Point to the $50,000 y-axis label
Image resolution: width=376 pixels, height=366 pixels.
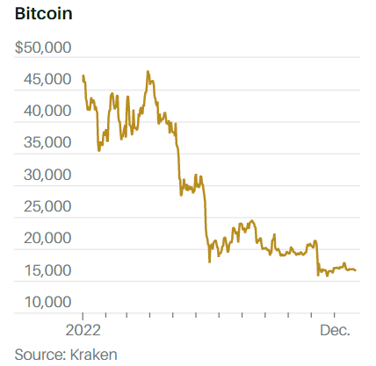pos(43,47)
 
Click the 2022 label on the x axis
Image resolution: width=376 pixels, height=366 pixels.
pos(83,331)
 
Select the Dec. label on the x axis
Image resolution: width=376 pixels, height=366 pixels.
pos(335,331)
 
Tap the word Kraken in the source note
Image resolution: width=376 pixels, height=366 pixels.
pos(94,354)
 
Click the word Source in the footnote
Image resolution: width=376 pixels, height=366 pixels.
pos(36,354)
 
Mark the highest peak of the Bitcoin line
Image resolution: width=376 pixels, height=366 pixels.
pos(148,72)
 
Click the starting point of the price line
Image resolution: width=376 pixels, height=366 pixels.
pos(83,76)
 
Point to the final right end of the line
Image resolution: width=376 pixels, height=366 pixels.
pos(355,269)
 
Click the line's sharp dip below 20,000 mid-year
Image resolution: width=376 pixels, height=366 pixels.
pos(209,262)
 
